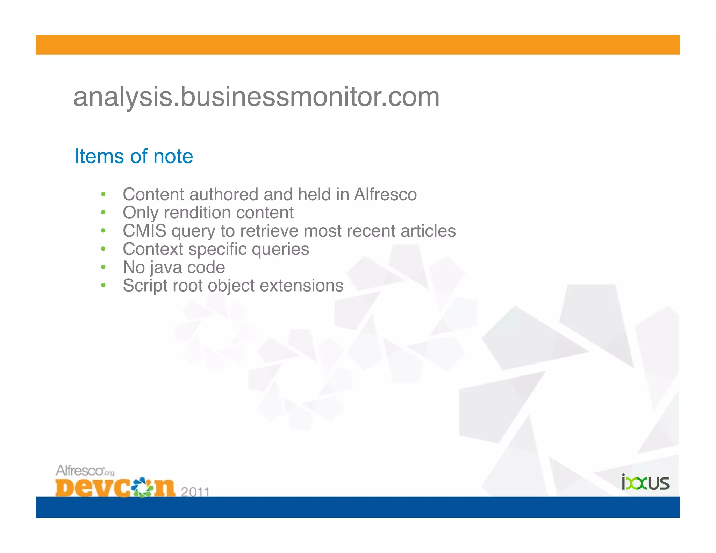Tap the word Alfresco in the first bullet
pos(385,194)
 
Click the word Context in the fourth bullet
pos(153,249)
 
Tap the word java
pos(166,267)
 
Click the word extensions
pos(302,286)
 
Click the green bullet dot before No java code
pos(103,267)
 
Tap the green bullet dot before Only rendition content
pos(103,213)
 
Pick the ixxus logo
pos(645,483)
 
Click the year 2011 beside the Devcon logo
pos(195,492)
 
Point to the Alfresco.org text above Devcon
pos(85,471)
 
